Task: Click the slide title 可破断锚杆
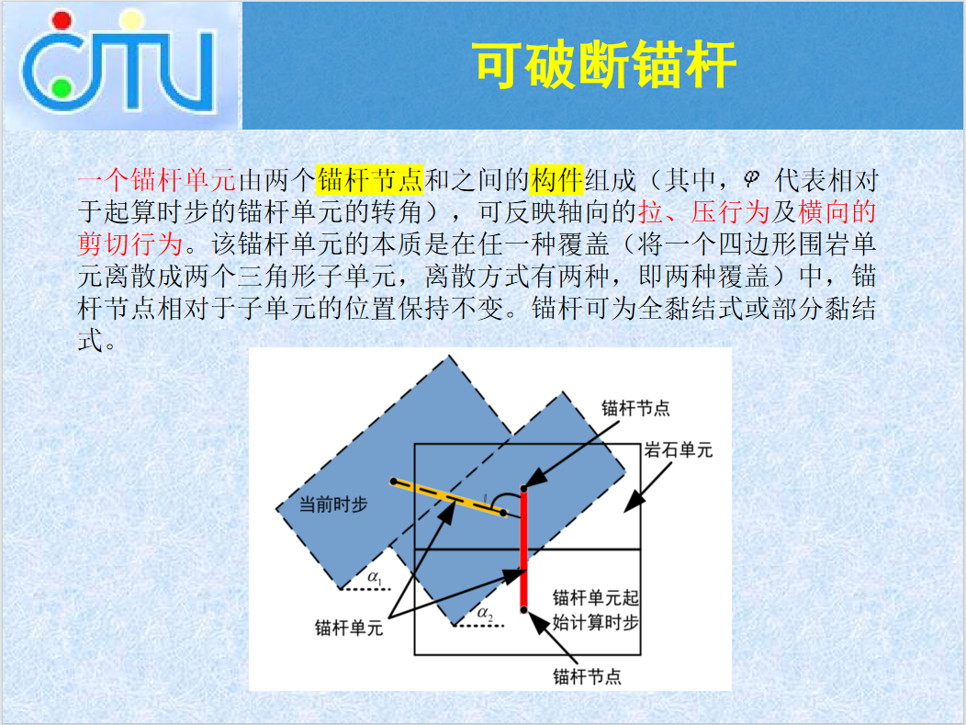(x=606, y=64)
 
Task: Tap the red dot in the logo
(x=62, y=20)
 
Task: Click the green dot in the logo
(x=61, y=89)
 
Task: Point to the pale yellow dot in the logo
(x=131, y=19)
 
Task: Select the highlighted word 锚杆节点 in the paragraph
(x=370, y=180)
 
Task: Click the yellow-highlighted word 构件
(x=556, y=180)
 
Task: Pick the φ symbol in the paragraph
(x=751, y=179)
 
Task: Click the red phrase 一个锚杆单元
(x=157, y=180)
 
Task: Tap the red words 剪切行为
(x=130, y=244)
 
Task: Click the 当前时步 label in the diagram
(x=333, y=504)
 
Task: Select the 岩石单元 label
(x=679, y=450)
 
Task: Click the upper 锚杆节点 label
(x=635, y=408)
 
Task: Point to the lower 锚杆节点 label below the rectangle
(x=587, y=677)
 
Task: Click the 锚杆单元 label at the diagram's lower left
(x=349, y=629)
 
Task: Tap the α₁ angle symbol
(x=376, y=578)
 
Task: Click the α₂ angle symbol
(x=486, y=614)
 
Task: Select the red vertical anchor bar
(x=523, y=549)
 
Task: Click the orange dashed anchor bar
(x=448, y=497)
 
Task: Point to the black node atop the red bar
(x=523, y=489)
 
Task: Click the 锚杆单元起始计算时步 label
(x=595, y=610)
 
